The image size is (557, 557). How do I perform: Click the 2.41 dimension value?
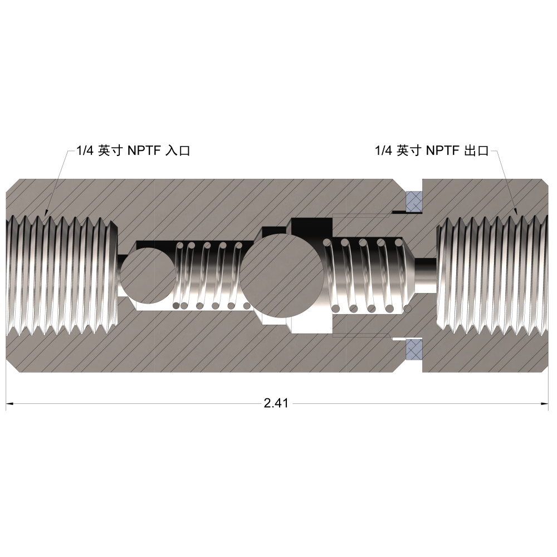click(276, 403)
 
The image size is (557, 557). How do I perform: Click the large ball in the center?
click(281, 275)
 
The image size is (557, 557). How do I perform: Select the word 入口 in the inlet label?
click(178, 150)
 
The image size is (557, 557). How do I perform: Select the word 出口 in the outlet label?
click(476, 150)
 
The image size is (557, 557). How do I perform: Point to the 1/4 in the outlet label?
click(384, 150)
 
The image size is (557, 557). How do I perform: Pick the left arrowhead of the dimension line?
click(10, 403)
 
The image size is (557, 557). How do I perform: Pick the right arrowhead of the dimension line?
click(545, 403)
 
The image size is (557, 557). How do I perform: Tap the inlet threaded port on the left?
click(62, 275)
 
